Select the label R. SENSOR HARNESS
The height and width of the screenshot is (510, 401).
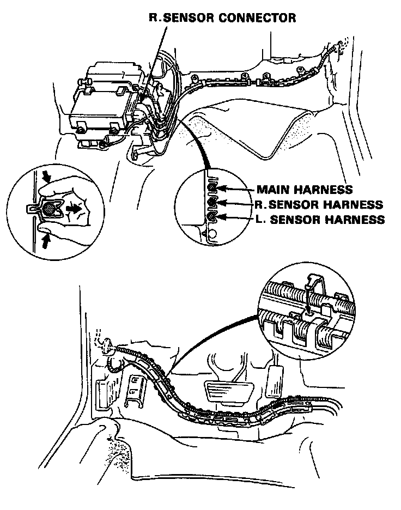coord(319,204)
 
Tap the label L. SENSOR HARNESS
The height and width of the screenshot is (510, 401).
coord(320,220)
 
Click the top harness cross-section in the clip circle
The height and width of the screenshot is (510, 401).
coord(214,189)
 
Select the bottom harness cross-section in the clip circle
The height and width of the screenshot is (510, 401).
coord(213,217)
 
